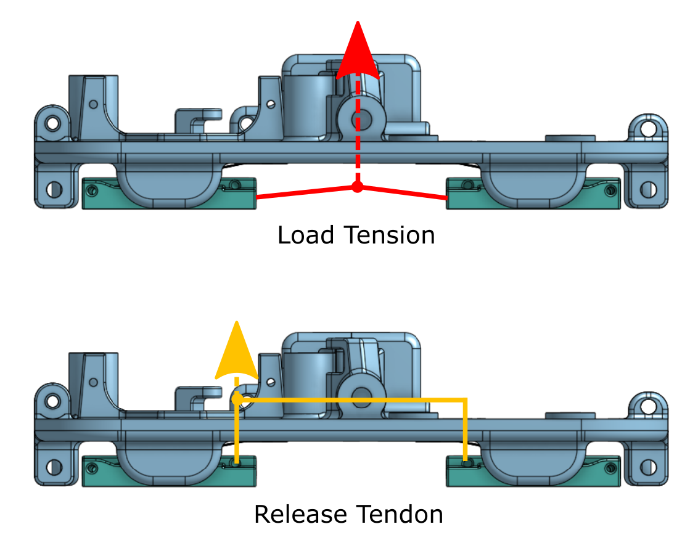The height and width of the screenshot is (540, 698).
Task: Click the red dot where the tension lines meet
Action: tap(356, 187)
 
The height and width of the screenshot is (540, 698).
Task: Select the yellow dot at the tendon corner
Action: tap(237, 399)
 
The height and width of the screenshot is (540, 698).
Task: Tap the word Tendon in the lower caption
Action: tap(404, 513)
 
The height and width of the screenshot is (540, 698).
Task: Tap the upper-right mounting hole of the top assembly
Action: tap(647, 129)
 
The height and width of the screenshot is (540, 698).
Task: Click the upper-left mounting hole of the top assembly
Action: tap(52, 123)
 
